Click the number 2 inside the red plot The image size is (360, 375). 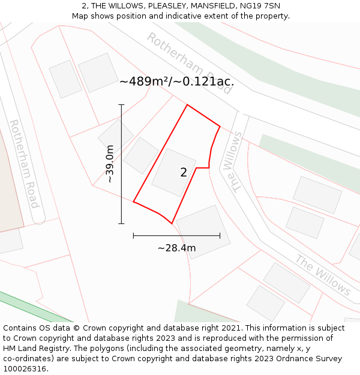(184, 173)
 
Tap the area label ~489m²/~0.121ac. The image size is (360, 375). (176, 82)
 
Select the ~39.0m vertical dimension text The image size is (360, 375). (110, 164)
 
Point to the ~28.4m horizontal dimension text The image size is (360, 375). (177, 248)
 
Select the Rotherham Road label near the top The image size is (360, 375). (190, 62)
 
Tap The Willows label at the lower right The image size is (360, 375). (323, 275)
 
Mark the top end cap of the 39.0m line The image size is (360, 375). (121, 105)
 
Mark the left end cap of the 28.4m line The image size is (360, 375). (133, 236)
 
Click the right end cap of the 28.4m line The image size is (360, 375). (220, 236)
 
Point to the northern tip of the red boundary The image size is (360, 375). (187, 105)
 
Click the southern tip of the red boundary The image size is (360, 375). (172, 223)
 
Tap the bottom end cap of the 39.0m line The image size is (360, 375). (121, 224)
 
